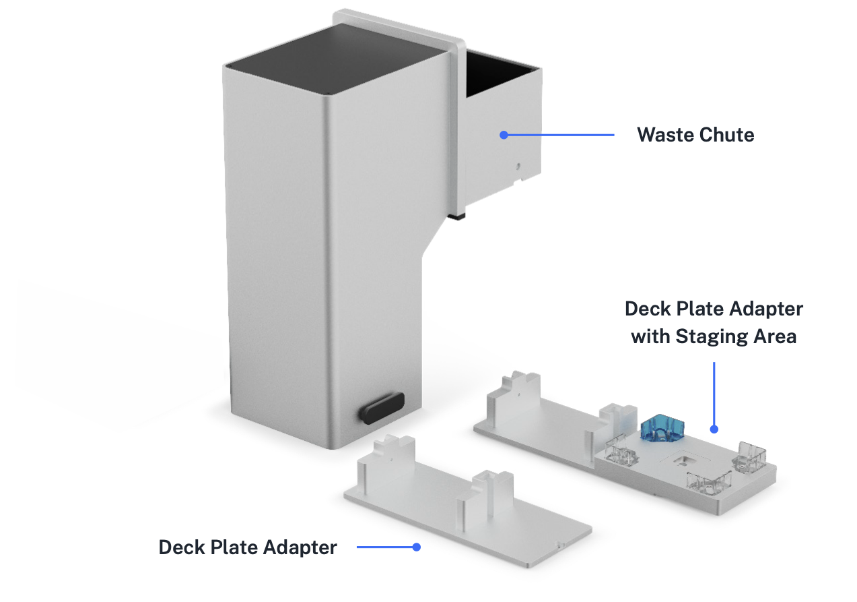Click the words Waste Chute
click(695, 135)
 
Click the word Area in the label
click(775, 336)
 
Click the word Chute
click(727, 135)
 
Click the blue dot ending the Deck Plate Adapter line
click(417, 547)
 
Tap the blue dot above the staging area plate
click(714, 429)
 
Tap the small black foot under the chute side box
click(458, 216)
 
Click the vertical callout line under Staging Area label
click(714, 391)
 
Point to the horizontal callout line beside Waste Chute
click(559, 135)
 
